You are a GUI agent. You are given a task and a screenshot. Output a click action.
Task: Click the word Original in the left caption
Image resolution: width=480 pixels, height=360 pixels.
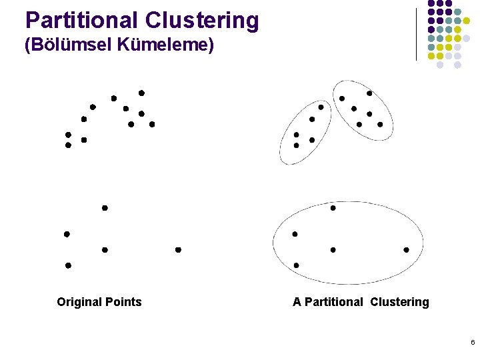pyautogui.click(x=79, y=302)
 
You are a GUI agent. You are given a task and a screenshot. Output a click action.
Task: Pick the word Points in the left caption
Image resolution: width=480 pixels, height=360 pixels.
pyautogui.click(x=123, y=302)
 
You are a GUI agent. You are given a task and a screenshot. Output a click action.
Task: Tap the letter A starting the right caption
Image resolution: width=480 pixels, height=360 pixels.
pyautogui.click(x=297, y=302)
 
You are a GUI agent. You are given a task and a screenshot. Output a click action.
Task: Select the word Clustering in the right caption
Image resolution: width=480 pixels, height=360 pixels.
pyautogui.click(x=400, y=302)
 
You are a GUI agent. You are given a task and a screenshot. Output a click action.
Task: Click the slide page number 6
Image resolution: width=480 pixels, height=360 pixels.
pyautogui.click(x=472, y=343)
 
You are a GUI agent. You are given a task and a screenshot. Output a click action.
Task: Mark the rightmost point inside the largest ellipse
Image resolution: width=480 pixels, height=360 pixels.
pyautogui.click(x=406, y=250)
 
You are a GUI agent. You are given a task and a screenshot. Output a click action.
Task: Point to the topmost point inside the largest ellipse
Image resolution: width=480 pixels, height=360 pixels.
pyautogui.click(x=333, y=208)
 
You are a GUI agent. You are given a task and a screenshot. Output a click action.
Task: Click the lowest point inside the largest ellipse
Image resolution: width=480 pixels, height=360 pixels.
pyautogui.click(x=296, y=265)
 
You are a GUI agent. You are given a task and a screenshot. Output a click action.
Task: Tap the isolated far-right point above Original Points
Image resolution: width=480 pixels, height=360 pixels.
pyautogui.click(x=178, y=250)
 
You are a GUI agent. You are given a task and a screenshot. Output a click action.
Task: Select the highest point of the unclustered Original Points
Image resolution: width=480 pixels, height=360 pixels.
pyautogui.click(x=141, y=93)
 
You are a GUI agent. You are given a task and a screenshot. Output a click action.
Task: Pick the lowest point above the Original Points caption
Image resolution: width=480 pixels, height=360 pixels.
pyautogui.click(x=68, y=265)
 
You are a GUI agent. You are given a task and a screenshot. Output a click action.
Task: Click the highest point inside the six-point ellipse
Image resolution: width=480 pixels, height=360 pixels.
pyautogui.click(x=369, y=93)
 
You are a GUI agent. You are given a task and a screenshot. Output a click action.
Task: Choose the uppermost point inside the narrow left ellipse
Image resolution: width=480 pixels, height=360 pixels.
pyautogui.click(x=321, y=107)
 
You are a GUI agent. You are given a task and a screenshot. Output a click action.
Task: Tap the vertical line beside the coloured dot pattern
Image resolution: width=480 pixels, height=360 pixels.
pyautogui.click(x=417, y=33)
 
